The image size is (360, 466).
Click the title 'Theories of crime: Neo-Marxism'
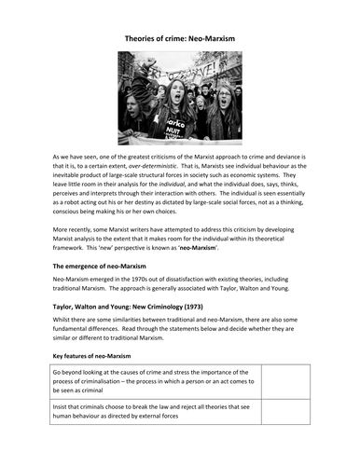click(179, 40)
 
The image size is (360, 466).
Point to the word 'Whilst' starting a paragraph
click(64, 363)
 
